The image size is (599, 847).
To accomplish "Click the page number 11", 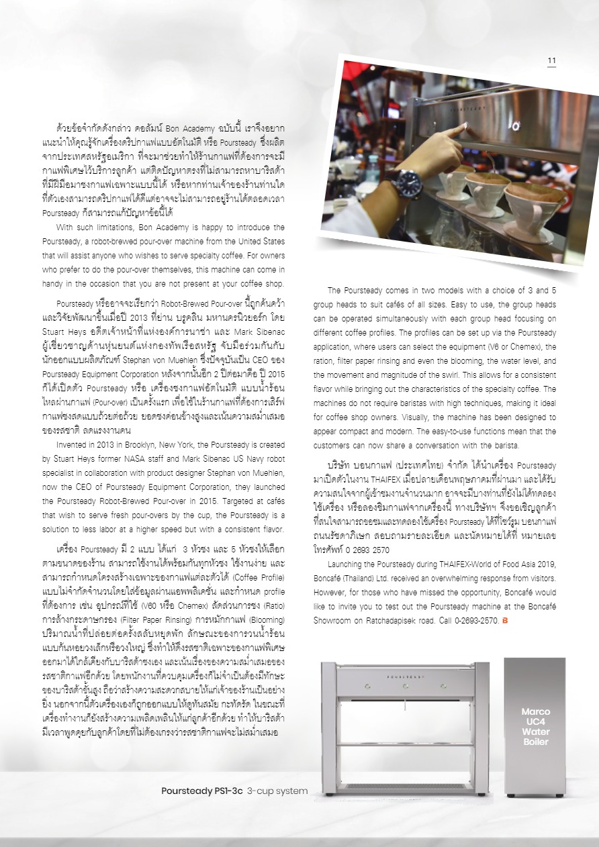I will [551, 60].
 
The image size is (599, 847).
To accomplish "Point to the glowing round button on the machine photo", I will [514, 126].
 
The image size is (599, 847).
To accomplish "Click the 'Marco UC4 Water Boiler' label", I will [535, 726].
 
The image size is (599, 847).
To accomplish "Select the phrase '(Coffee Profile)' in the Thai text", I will [256, 578].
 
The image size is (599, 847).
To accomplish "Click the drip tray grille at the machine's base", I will [405, 785].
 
